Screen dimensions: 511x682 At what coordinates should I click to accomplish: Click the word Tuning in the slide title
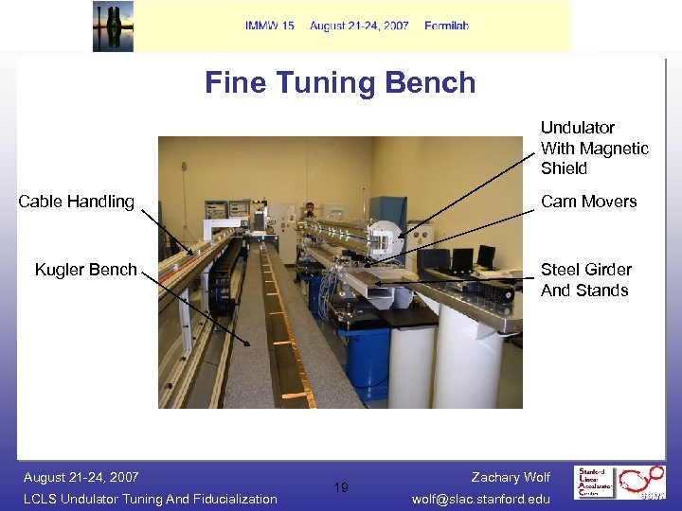[x=340, y=83]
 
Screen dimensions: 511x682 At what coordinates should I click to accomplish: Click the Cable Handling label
[x=77, y=201]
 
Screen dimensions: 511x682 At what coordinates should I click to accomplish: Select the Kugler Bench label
[x=86, y=270]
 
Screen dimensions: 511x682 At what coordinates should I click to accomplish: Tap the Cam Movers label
[x=588, y=201]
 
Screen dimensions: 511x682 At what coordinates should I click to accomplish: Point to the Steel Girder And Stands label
[x=584, y=280]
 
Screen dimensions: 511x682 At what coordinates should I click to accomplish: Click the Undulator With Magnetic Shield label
[x=594, y=148]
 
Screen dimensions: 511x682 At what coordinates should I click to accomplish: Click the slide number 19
[x=341, y=487]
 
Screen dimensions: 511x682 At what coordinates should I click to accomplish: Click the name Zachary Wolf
[x=511, y=477]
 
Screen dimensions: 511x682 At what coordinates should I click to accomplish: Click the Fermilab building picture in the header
[x=113, y=26]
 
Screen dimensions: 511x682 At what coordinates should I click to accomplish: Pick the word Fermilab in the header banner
[x=447, y=26]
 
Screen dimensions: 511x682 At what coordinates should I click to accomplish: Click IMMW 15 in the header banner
[x=269, y=26]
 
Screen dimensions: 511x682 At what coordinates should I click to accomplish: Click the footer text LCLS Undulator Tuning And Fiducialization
[x=151, y=499]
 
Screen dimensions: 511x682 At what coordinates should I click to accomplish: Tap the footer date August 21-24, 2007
[x=81, y=477]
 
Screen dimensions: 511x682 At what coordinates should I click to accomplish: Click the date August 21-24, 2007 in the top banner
[x=359, y=26]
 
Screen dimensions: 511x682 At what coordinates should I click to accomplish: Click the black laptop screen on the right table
[x=486, y=256]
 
